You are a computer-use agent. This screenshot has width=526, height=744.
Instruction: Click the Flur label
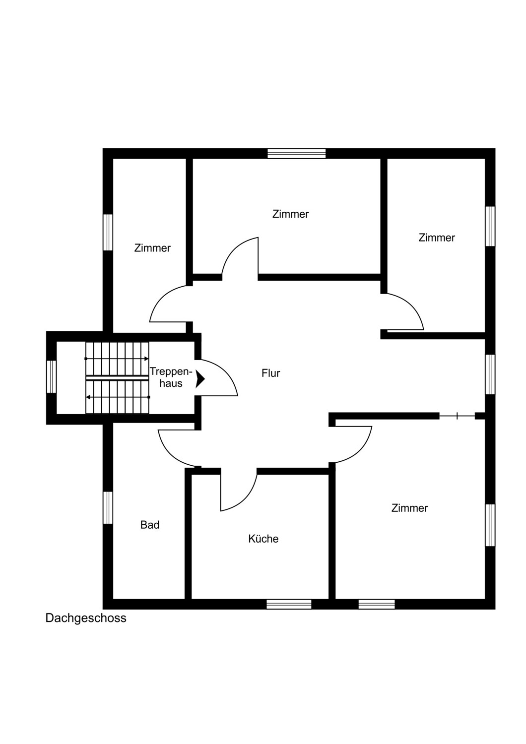point(270,373)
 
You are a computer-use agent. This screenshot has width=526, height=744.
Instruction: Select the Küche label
point(263,538)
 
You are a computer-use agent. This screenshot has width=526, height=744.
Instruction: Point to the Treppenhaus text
point(171,377)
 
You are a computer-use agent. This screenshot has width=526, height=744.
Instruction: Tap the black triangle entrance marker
point(200,379)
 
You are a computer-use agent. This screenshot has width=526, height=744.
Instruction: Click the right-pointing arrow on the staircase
point(117,359)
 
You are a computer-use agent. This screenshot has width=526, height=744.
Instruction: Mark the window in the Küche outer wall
point(289,604)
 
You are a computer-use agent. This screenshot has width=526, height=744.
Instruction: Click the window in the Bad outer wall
point(108,508)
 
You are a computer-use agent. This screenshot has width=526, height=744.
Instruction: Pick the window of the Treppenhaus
point(51,376)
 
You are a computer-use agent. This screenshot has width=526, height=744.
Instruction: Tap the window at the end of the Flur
point(490,374)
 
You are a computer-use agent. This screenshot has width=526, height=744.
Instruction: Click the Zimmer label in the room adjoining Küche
point(409,508)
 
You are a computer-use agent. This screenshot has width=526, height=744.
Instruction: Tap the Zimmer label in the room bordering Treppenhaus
point(152,248)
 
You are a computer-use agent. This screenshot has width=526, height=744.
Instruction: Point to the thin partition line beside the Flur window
point(457,416)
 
